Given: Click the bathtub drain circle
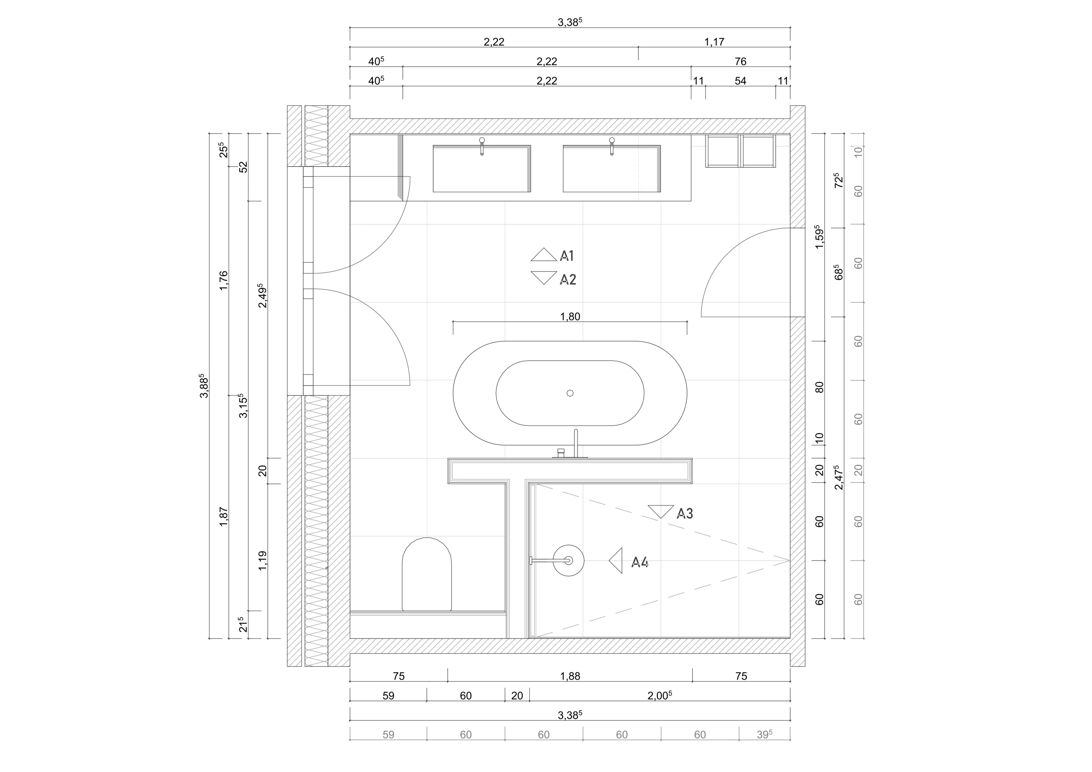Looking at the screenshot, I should (x=570, y=393).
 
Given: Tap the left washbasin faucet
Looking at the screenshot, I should (x=482, y=146).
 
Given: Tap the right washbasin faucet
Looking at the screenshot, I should (x=612, y=146).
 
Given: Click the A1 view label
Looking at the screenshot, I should (x=567, y=256).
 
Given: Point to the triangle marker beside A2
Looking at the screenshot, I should (x=543, y=277).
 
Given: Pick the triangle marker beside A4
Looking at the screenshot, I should (x=617, y=561).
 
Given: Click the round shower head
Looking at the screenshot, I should (x=568, y=561).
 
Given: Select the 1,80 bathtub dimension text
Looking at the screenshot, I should (x=570, y=317).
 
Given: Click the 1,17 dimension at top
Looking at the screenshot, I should (x=714, y=42).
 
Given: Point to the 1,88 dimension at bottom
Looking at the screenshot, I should (x=570, y=676).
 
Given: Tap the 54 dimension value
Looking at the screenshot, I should (x=740, y=81).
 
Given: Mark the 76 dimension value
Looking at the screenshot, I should (x=740, y=61).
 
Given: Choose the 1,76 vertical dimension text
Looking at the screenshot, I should (x=224, y=281).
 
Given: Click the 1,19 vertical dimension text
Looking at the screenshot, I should (x=262, y=561).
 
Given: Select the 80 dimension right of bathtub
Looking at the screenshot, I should (x=819, y=387).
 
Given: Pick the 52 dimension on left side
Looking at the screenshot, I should (x=243, y=167).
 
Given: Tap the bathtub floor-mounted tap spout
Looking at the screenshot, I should (x=576, y=442).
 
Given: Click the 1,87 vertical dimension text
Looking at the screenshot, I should (x=224, y=517).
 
